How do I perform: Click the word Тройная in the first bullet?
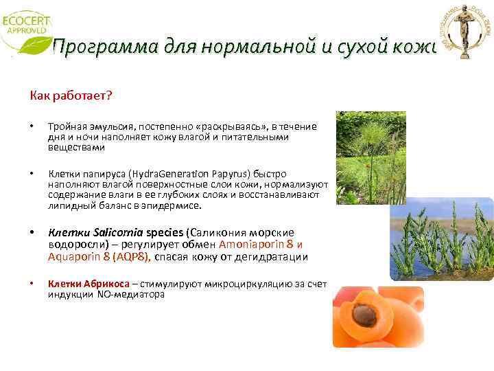(66, 128)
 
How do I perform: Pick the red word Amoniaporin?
(252, 245)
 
